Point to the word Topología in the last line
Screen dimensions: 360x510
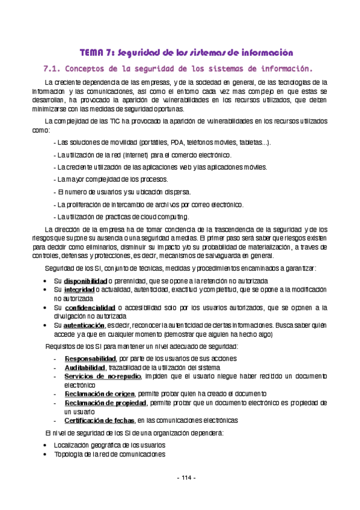click(68, 455)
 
